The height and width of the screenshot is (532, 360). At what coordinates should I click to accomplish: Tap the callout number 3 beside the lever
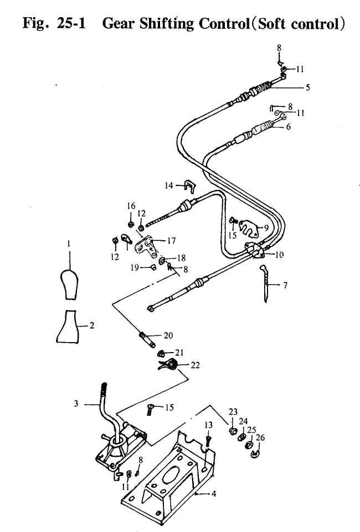click(76, 404)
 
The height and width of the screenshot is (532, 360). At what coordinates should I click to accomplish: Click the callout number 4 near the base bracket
click(214, 494)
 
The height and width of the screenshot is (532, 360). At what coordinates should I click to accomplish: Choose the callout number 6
click(288, 126)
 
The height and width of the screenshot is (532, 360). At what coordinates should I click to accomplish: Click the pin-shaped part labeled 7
click(267, 282)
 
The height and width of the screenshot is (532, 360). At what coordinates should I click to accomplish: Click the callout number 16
click(131, 206)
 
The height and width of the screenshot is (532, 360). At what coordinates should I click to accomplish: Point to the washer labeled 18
click(162, 259)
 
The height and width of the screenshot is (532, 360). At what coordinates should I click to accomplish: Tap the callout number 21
click(179, 352)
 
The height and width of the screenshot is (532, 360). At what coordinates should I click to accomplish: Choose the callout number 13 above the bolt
click(208, 425)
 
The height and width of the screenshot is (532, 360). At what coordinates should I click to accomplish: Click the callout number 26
click(261, 437)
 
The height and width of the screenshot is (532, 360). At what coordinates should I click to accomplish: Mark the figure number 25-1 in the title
click(69, 25)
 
